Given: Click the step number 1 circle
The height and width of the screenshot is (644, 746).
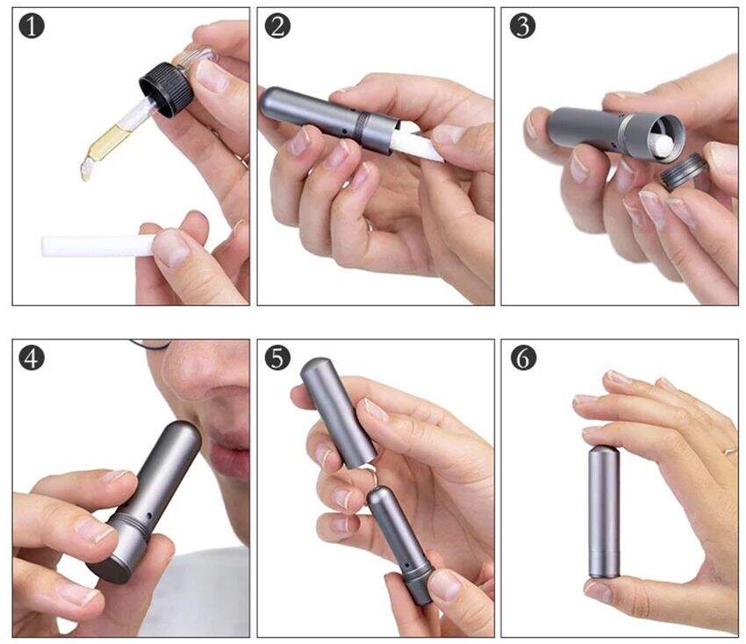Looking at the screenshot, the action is pos(32,25).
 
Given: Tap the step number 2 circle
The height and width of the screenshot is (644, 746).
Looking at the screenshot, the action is pos(277,25).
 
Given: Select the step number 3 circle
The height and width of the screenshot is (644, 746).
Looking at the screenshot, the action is pos(523,25).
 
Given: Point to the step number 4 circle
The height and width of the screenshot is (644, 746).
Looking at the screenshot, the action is pos(32,358).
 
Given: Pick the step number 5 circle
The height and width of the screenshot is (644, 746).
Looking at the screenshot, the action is pos(277,358).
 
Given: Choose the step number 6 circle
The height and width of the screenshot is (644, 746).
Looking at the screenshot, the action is pos(523,358).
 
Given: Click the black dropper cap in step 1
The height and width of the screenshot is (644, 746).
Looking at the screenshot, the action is pos(167,89).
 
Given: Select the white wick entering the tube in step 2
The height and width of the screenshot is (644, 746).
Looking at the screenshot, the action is pos(415,143).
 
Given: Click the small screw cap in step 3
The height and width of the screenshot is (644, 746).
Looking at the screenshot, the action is pos(683,172).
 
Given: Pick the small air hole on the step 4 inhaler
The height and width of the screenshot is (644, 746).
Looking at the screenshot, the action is pos(149,516).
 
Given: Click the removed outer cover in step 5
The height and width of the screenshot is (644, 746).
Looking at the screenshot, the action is pos(338,413).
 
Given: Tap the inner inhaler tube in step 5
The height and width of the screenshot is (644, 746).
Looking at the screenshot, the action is pos(400,546).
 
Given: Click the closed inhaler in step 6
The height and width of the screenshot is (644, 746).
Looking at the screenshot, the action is pos(604,512).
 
